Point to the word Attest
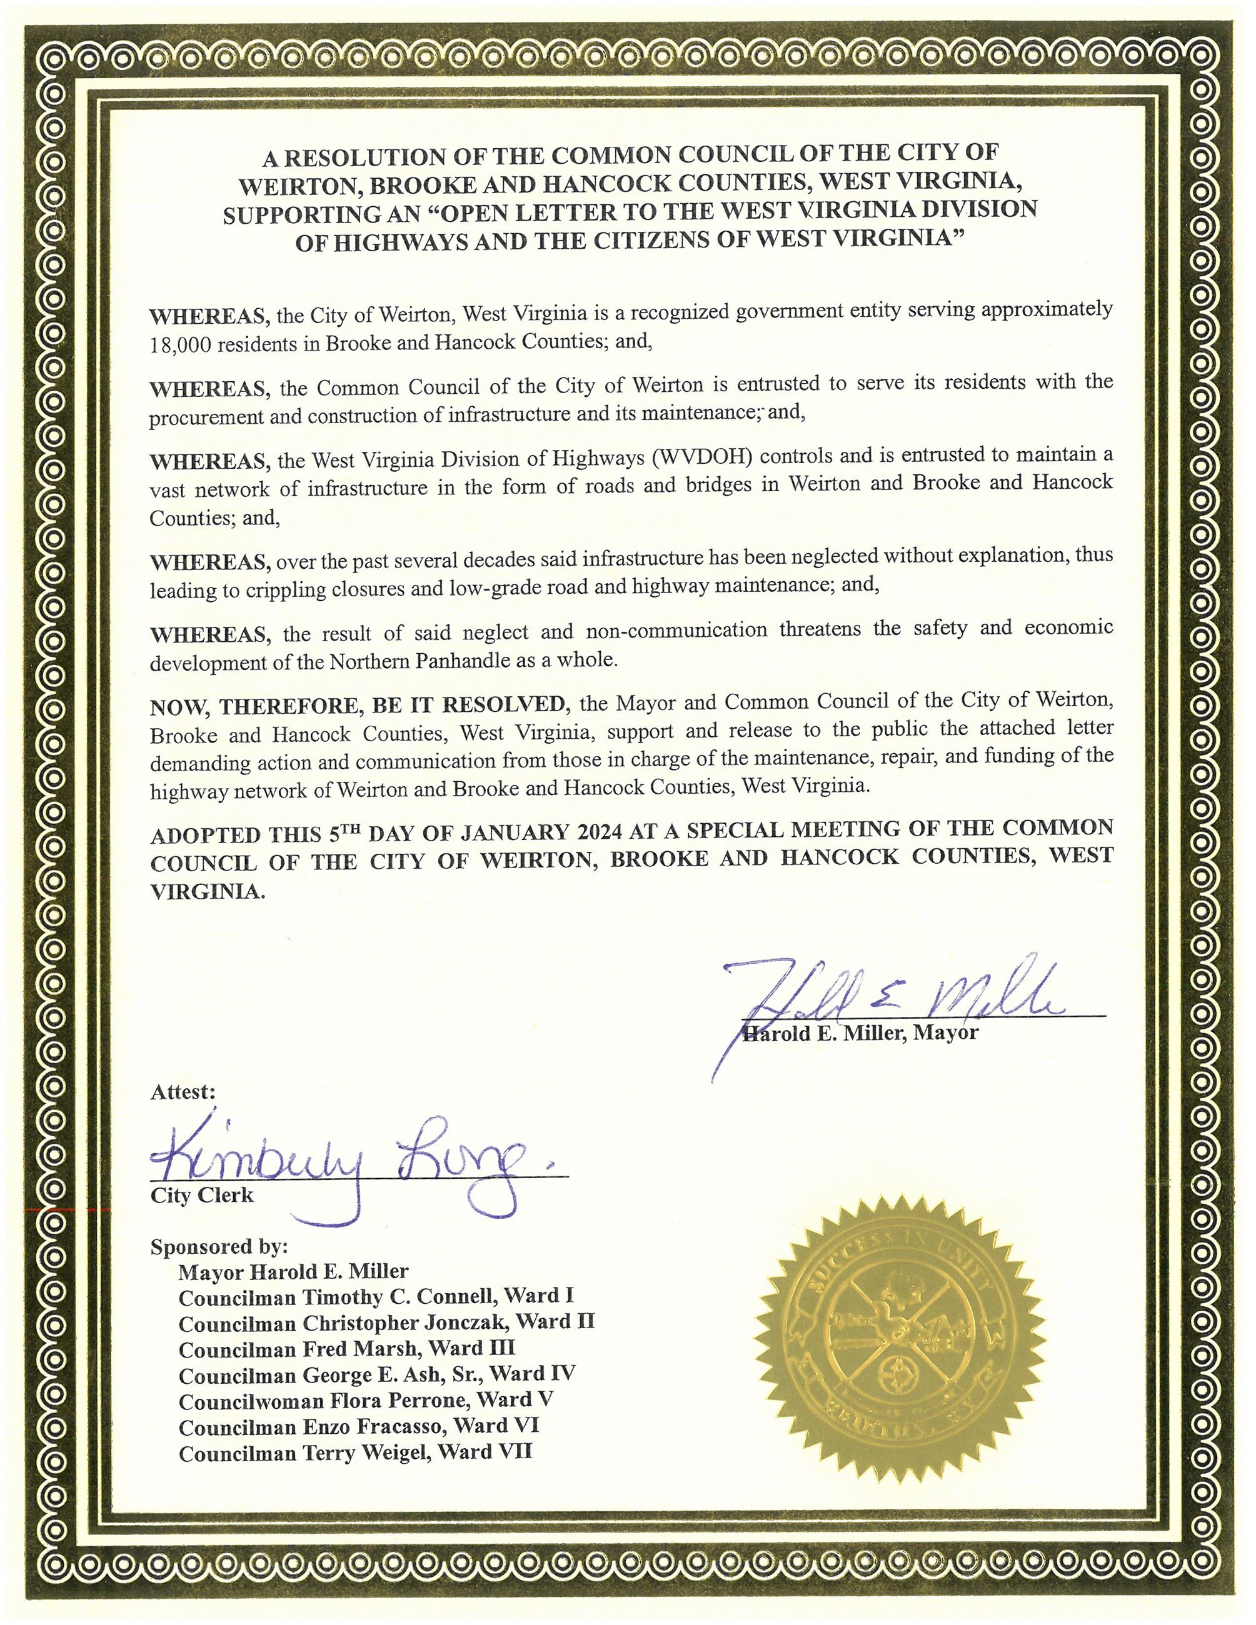[x=183, y=1091]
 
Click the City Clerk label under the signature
[x=202, y=1196]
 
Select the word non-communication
[x=676, y=630]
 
